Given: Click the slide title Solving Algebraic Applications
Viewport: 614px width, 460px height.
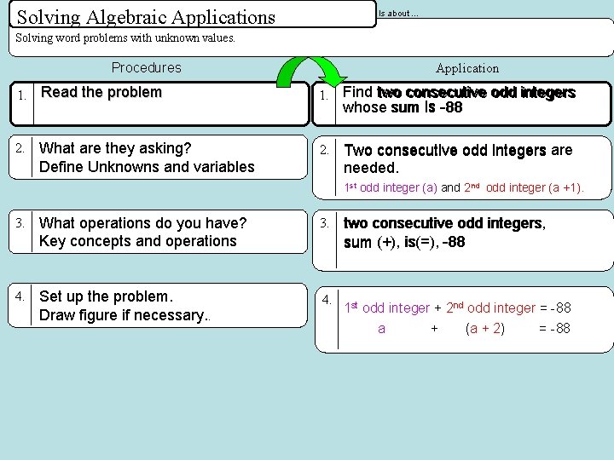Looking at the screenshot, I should (146, 16).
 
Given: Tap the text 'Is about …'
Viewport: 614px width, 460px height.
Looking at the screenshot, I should (398, 13).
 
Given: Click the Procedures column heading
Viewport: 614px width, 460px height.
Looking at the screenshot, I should (147, 67).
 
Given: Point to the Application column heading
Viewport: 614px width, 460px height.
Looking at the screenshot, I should (467, 68).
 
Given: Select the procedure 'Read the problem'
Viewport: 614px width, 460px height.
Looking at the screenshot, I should (101, 92).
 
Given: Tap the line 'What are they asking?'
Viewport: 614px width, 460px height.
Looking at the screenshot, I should (115, 148).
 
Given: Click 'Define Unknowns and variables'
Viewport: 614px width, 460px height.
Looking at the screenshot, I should (147, 167).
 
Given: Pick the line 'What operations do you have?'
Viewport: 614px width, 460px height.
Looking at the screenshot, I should (142, 223).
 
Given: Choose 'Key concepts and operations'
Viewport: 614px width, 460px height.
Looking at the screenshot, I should (137, 241).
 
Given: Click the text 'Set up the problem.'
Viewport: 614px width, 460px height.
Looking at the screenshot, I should (106, 296).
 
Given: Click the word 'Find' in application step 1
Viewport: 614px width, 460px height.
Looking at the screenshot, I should (357, 92).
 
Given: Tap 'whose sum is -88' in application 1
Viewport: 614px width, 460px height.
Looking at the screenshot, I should (403, 108).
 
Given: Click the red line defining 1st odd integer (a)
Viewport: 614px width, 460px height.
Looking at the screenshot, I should (464, 187).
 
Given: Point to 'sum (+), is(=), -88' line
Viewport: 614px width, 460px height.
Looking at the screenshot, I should (404, 242).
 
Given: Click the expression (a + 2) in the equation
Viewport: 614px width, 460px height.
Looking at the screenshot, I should (485, 328).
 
